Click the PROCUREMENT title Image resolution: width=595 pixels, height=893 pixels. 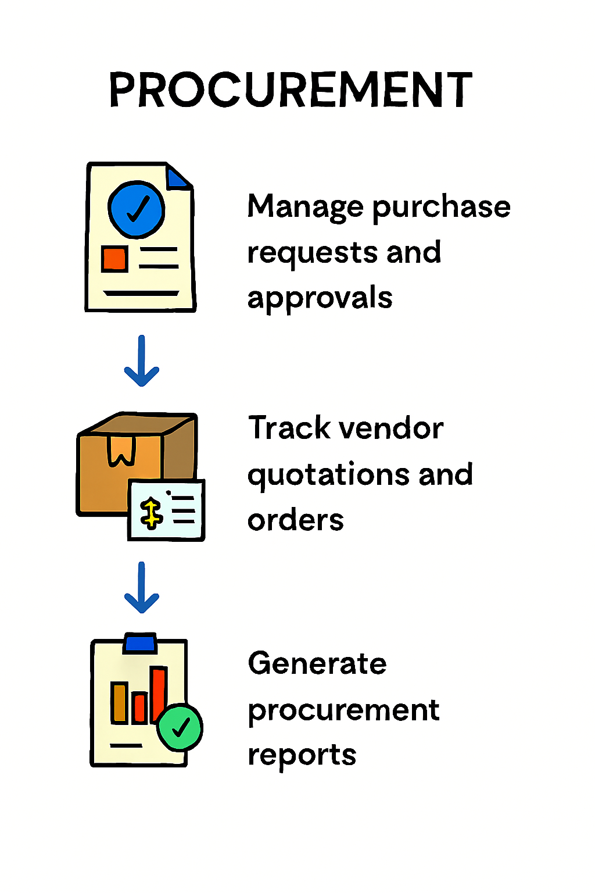[x=291, y=90]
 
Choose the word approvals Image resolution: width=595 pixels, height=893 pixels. [x=320, y=299]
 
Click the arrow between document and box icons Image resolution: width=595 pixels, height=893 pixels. [x=142, y=362]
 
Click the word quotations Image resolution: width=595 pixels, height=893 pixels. [x=328, y=476]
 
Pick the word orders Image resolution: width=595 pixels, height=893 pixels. [x=295, y=520]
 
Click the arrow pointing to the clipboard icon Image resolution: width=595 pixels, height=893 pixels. [x=142, y=588]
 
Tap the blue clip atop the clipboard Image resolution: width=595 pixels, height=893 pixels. [x=140, y=643]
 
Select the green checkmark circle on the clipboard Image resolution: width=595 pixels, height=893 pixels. [x=180, y=727]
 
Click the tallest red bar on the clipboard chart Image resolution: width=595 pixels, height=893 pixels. [x=159, y=695]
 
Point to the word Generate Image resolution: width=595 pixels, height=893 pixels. [x=317, y=664]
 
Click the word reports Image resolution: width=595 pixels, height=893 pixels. [x=302, y=756]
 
